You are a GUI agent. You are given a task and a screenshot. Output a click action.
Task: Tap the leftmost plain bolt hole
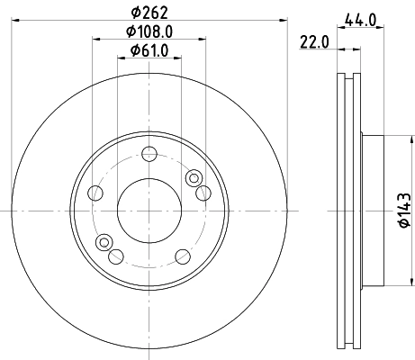95,192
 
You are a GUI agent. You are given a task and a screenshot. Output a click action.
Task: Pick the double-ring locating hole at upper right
193,179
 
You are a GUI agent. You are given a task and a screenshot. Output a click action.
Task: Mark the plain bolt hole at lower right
187,255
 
